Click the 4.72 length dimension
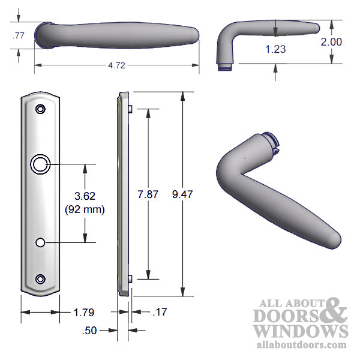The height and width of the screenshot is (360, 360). (x=116, y=66)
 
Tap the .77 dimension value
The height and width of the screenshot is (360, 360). (x=18, y=36)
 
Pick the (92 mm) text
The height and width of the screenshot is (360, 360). (x=84, y=209)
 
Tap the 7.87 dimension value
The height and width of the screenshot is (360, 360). (x=148, y=194)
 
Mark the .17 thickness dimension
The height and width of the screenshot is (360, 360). (x=159, y=313)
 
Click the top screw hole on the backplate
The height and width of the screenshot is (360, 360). (x=40, y=110)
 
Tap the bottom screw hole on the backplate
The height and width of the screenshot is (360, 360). (x=40, y=278)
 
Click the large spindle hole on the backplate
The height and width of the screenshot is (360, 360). (x=40, y=164)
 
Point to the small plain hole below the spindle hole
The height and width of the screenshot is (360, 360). (x=40, y=242)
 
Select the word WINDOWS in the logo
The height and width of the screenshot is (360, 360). (x=300, y=331)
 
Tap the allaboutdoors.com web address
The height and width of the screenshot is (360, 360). (x=300, y=344)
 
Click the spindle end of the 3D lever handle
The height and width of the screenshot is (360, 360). (x=271, y=142)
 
